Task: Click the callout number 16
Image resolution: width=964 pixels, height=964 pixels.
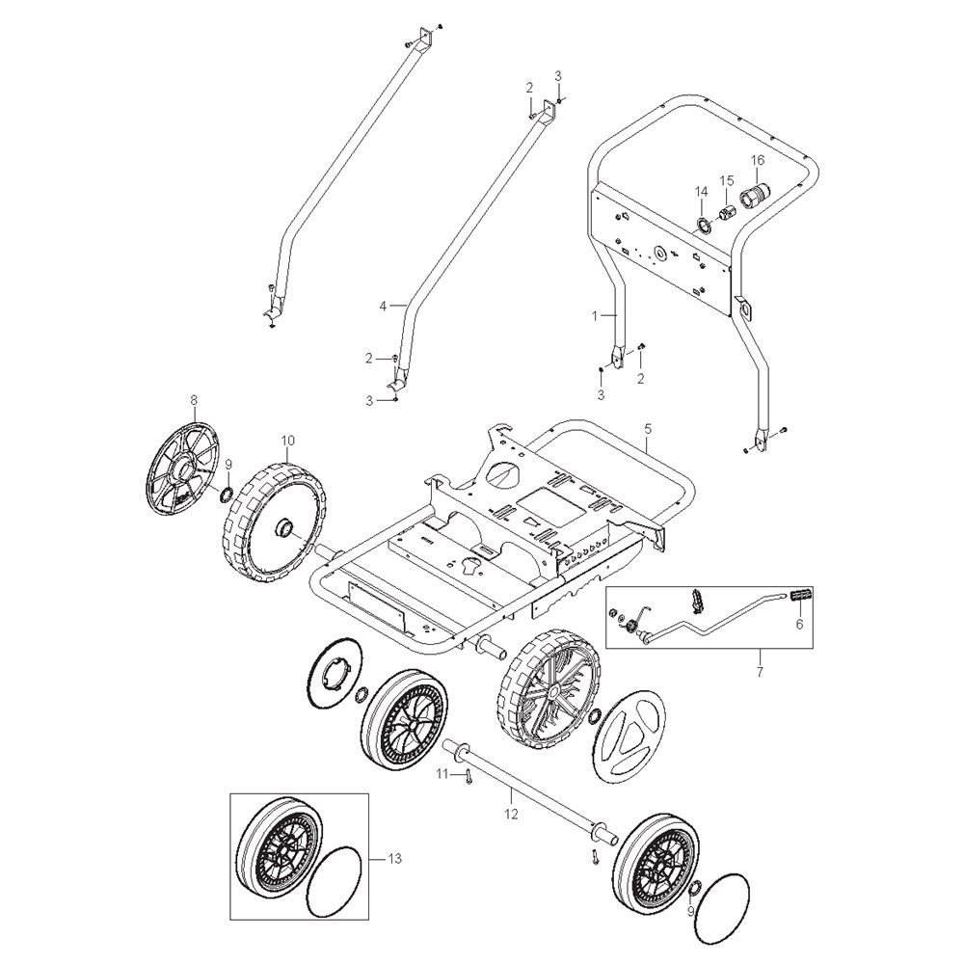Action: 757,160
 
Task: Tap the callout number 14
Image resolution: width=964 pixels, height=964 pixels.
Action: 702,192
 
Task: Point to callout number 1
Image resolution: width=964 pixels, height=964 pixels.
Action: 595,315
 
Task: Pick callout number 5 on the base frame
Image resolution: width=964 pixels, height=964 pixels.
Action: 648,431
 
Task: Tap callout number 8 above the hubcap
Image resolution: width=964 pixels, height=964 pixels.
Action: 194,400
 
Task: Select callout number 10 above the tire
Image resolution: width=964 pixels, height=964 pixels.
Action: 287,441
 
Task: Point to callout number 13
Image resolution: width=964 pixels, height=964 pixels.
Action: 394,858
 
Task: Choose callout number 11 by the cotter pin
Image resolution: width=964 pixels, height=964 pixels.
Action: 443,775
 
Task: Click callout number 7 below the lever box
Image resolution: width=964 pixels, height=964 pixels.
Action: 760,672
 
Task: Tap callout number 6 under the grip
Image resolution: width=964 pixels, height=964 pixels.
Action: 799,624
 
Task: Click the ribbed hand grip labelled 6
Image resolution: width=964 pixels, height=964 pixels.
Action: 798,596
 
